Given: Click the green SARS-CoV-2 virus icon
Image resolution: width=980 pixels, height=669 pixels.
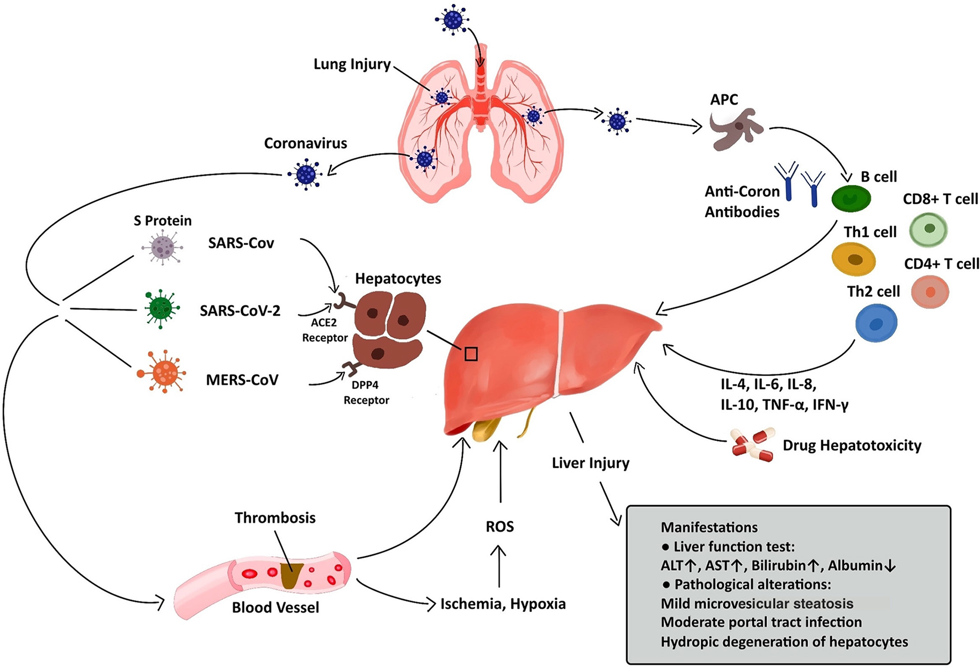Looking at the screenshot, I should tap(161, 308).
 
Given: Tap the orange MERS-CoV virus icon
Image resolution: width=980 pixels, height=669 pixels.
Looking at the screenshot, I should tap(164, 372).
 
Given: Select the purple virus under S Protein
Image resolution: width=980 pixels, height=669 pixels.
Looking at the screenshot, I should tap(162, 247).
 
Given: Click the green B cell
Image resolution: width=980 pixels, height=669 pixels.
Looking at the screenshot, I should tap(851, 199).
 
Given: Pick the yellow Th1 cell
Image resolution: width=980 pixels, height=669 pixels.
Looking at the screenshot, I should tap(853, 259).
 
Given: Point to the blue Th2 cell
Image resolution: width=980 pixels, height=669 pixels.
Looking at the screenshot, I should tap(876, 324).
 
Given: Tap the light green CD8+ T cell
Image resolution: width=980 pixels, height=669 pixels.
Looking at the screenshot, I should tap(929, 229).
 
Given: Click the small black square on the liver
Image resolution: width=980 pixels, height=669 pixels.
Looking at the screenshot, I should tap(471, 354).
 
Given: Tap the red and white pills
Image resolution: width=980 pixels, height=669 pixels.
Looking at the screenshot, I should tap(753, 444).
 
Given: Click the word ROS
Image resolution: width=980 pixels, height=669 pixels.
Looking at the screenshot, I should tap(499, 526).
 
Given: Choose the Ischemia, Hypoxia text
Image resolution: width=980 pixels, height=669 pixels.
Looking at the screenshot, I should tap(503, 604).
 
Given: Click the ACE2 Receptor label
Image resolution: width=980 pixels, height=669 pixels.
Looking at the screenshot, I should tap(324, 330).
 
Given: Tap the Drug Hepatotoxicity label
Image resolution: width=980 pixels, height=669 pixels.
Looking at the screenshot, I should tap(852, 445).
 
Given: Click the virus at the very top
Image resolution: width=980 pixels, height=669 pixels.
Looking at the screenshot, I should tap(453, 20).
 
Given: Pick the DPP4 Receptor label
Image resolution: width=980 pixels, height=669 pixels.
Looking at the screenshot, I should tap(366, 392).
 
